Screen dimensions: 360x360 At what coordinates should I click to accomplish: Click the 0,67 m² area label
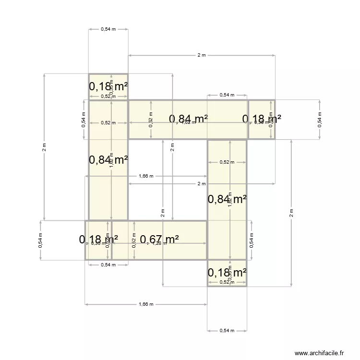tap(159, 239)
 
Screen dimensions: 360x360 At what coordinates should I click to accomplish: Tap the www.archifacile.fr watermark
tap(319, 353)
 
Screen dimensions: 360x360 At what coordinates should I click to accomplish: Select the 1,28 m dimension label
tap(159, 243)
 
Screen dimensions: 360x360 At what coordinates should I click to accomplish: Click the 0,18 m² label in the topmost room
tap(108, 87)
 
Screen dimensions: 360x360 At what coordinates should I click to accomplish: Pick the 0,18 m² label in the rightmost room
tap(262, 119)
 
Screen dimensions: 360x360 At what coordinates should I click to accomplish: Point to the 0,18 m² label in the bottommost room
tap(227, 273)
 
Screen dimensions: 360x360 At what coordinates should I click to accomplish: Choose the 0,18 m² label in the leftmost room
tap(98, 239)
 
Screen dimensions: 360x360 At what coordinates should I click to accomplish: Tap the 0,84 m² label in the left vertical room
tap(108, 160)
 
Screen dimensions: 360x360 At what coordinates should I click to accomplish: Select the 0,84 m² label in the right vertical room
tap(227, 199)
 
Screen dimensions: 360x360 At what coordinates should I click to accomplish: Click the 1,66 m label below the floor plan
tap(146, 304)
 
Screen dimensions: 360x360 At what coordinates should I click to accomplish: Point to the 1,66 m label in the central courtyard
tap(146, 176)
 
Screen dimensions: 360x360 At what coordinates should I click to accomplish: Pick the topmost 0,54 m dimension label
tap(108, 29)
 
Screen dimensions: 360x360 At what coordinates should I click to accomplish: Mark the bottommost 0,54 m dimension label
tap(227, 330)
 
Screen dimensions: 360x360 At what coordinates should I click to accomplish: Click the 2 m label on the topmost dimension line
tap(202, 55)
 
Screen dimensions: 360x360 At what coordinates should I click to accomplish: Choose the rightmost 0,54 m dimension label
tap(320, 120)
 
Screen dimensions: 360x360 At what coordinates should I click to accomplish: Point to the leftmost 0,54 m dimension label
tap(40, 240)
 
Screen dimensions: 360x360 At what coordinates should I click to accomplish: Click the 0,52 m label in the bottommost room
tap(227, 282)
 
